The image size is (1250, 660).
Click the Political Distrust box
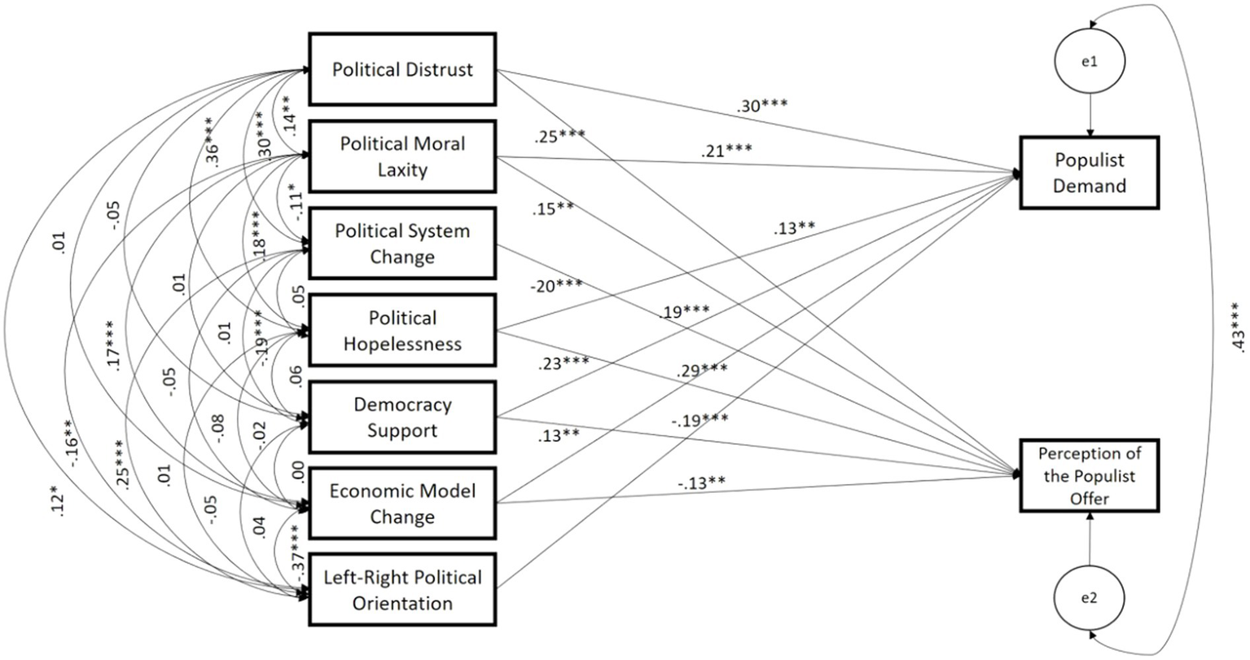(x=402, y=69)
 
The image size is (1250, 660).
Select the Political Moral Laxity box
(x=402, y=156)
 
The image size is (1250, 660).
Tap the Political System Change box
(x=402, y=244)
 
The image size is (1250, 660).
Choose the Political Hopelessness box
(x=402, y=330)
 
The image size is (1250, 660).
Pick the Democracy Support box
(x=402, y=417)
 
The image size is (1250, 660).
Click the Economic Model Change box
(x=402, y=504)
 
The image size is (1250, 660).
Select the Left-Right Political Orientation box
(x=402, y=591)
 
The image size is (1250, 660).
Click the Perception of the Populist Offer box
(x=1090, y=476)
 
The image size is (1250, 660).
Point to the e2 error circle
(x=1089, y=598)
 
